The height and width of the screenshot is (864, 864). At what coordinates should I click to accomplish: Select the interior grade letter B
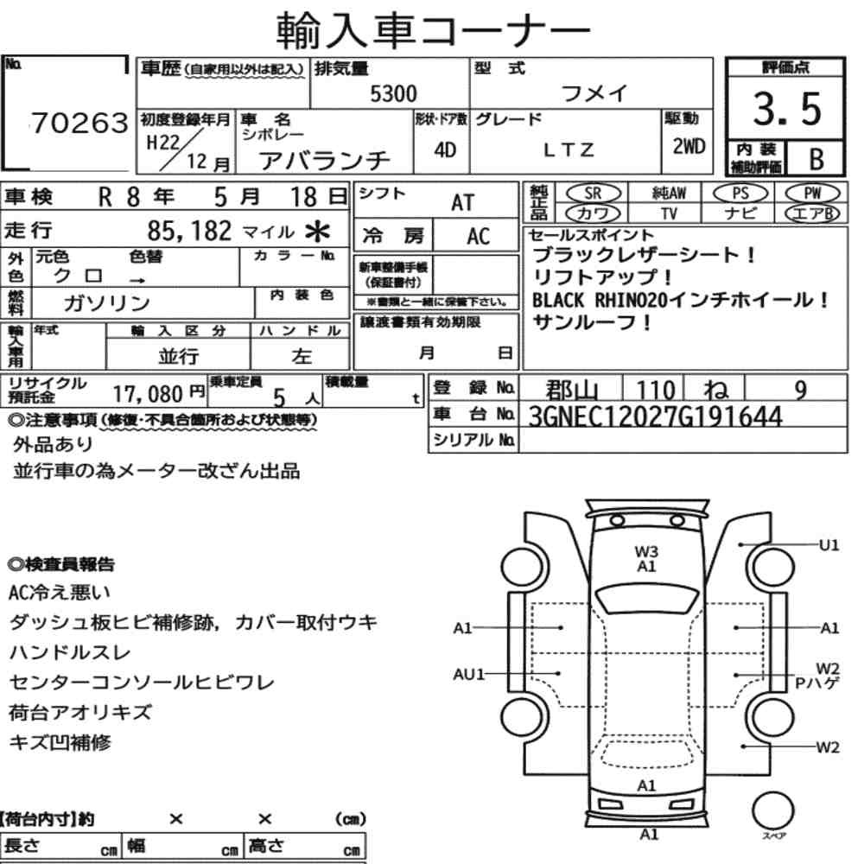click(815, 159)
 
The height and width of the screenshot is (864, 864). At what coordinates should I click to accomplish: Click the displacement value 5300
click(393, 94)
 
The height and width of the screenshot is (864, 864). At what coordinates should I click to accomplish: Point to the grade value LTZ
click(569, 150)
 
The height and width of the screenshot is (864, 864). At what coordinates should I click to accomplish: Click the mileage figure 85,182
click(190, 231)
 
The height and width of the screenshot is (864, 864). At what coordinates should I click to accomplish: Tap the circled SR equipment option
click(592, 194)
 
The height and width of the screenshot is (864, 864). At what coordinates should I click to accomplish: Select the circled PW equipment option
click(811, 194)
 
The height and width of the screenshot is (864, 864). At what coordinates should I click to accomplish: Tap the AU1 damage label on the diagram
click(470, 674)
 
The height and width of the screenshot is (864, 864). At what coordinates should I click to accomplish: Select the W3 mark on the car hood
click(646, 550)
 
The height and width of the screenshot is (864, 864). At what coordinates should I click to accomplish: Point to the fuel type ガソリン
click(107, 303)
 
